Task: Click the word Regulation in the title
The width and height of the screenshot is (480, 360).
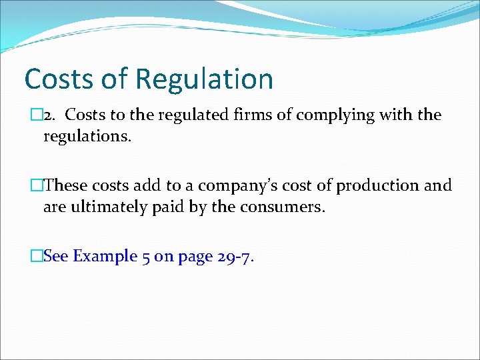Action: tap(204, 79)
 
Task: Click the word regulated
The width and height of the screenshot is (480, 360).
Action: tap(190, 115)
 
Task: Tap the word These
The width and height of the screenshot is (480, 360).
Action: tap(66, 185)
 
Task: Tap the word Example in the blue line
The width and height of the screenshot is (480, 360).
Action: tap(103, 257)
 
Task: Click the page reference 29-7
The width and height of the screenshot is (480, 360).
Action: tap(235, 257)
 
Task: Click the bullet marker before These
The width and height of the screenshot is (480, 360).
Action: tap(37, 185)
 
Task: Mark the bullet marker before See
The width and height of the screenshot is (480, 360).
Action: tap(37, 256)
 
